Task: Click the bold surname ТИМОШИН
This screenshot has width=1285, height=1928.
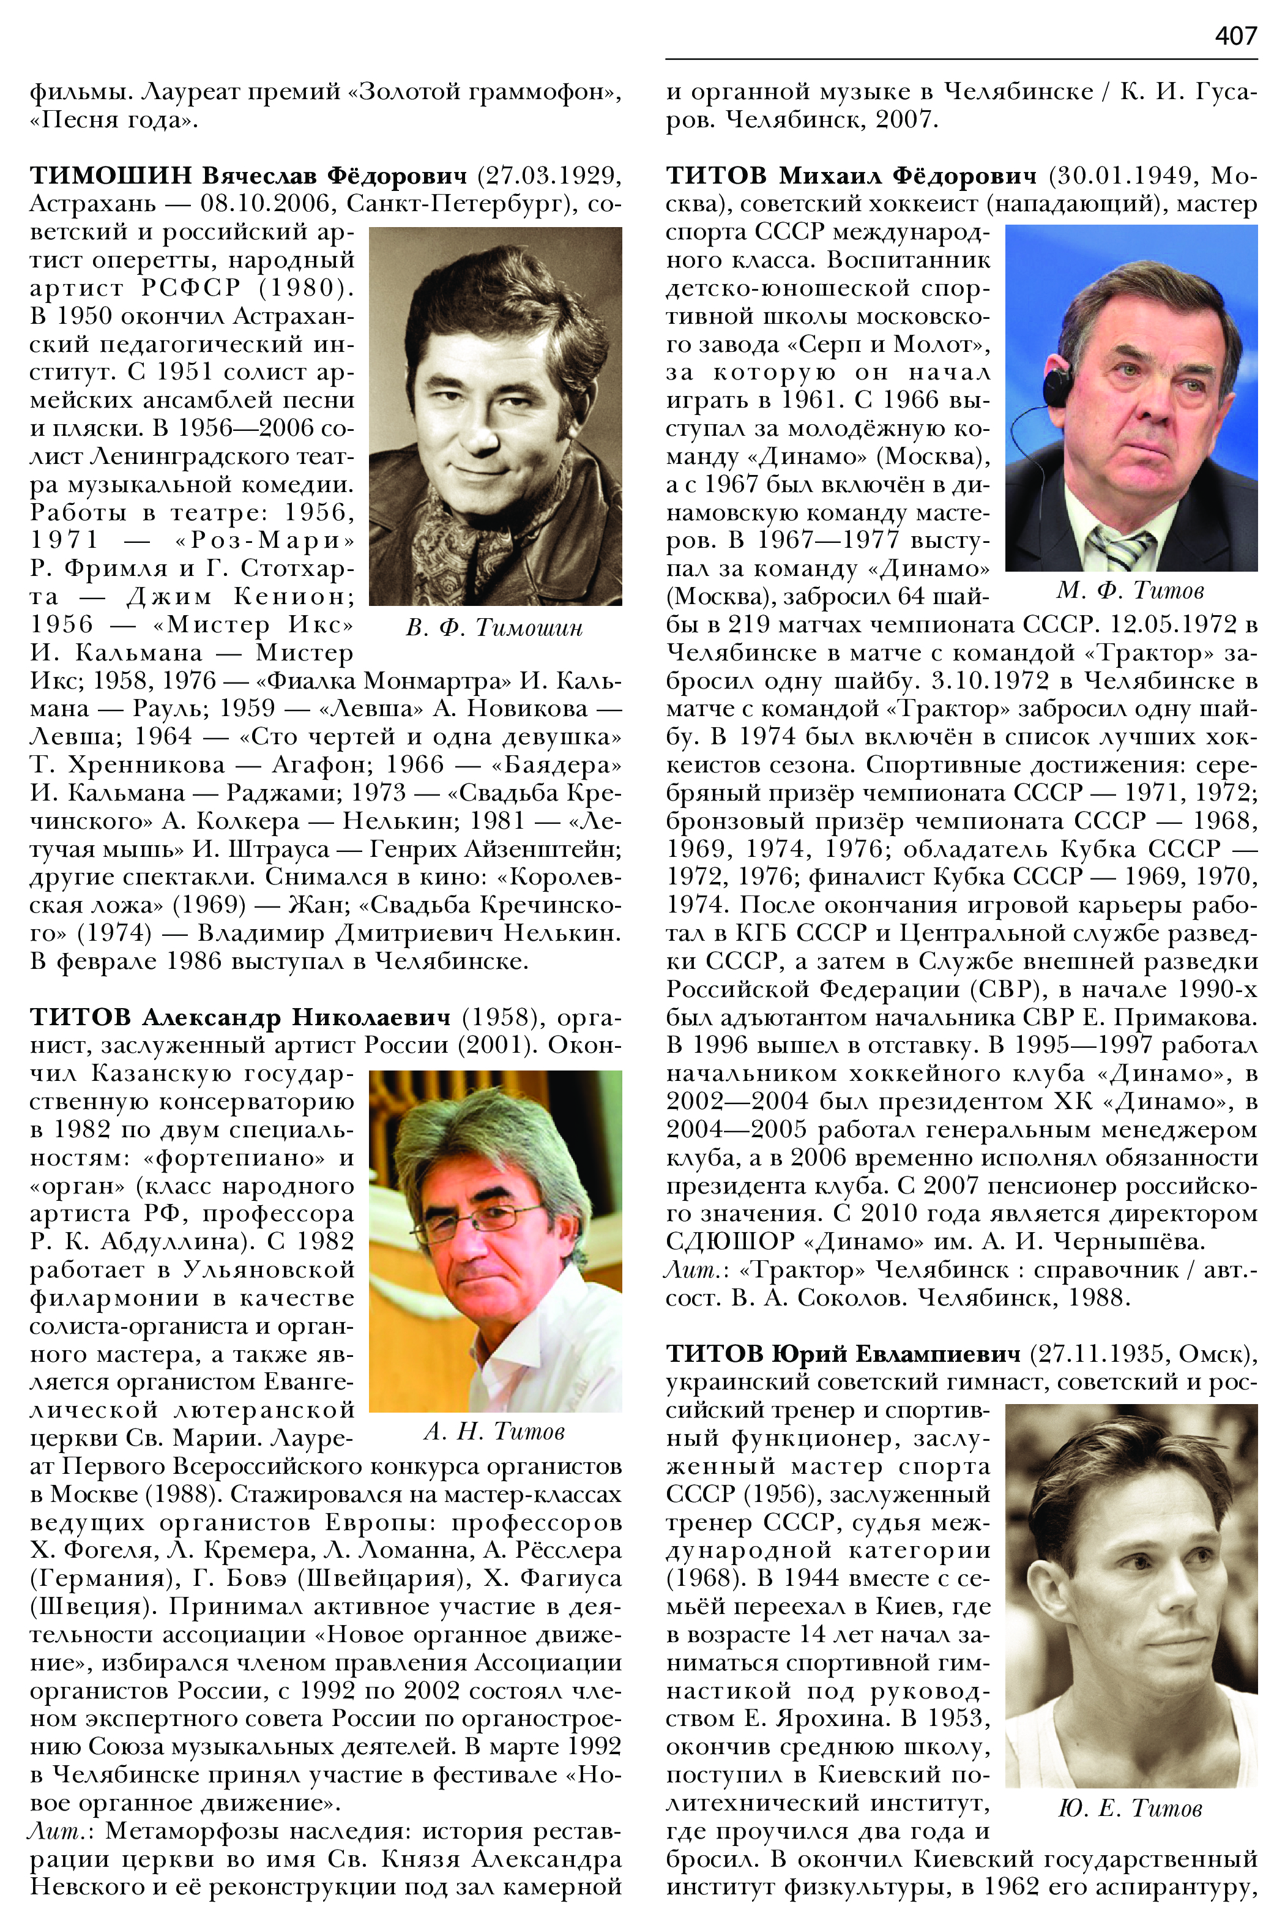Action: click(x=111, y=176)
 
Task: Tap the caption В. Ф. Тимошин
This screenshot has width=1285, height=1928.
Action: click(x=494, y=628)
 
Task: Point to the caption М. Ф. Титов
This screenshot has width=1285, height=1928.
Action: click(x=1130, y=590)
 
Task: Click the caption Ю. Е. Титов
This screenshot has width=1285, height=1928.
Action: click(x=1130, y=1807)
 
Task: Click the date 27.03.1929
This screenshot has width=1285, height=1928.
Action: click(x=549, y=176)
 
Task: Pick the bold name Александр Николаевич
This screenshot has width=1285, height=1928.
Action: click(x=296, y=1017)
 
